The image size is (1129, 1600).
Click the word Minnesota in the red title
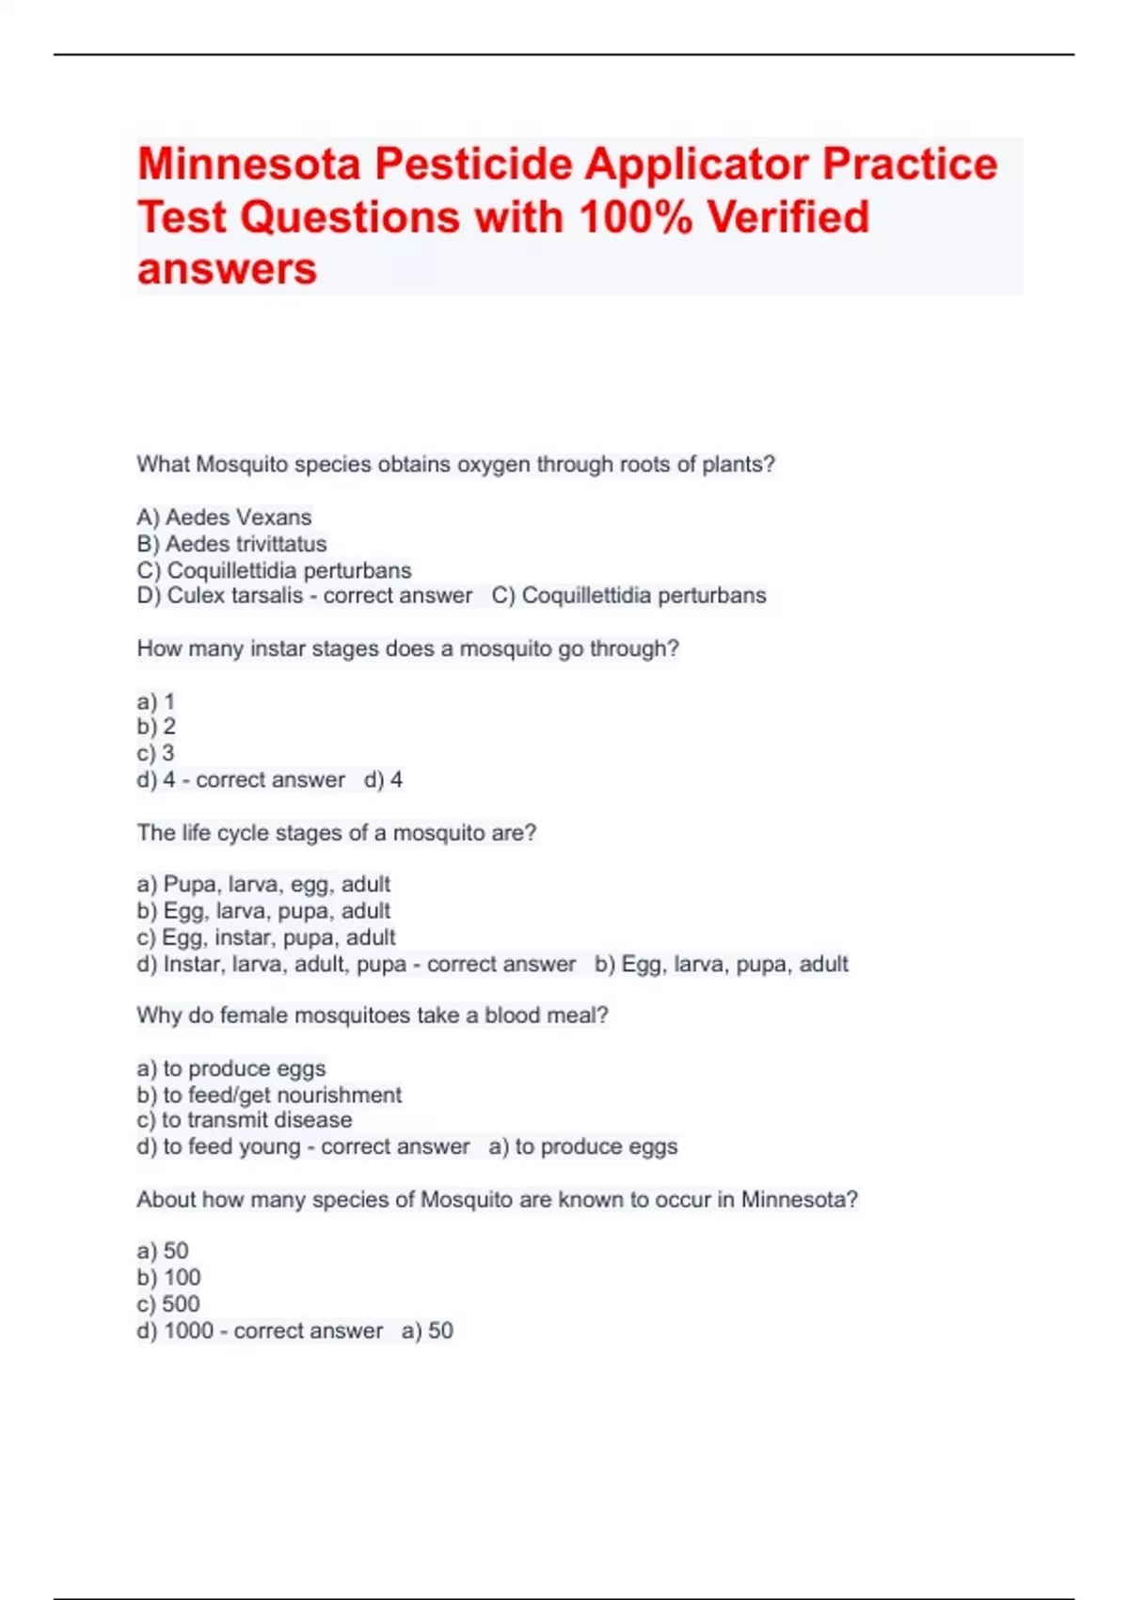point(249,164)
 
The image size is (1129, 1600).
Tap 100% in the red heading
point(635,217)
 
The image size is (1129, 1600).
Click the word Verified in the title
point(788,217)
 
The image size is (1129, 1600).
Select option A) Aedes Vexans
point(224,517)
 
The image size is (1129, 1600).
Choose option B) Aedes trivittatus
point(231,543)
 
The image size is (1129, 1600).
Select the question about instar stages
point(407,648)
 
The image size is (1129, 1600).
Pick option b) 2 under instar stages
point(156,727)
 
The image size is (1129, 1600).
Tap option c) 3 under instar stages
point(155,753)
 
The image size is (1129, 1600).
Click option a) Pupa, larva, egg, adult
point(263,885)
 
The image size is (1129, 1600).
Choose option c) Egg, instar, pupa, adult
point(266,937)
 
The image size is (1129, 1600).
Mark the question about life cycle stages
point(336,832)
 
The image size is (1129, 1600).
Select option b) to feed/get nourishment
point(269,1095)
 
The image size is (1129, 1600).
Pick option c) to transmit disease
point(245,1120)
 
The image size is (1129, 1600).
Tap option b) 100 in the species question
point(168,1277)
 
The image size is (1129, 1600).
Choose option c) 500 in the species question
point(168,1304)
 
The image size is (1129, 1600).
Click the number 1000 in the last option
point(188,1331)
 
